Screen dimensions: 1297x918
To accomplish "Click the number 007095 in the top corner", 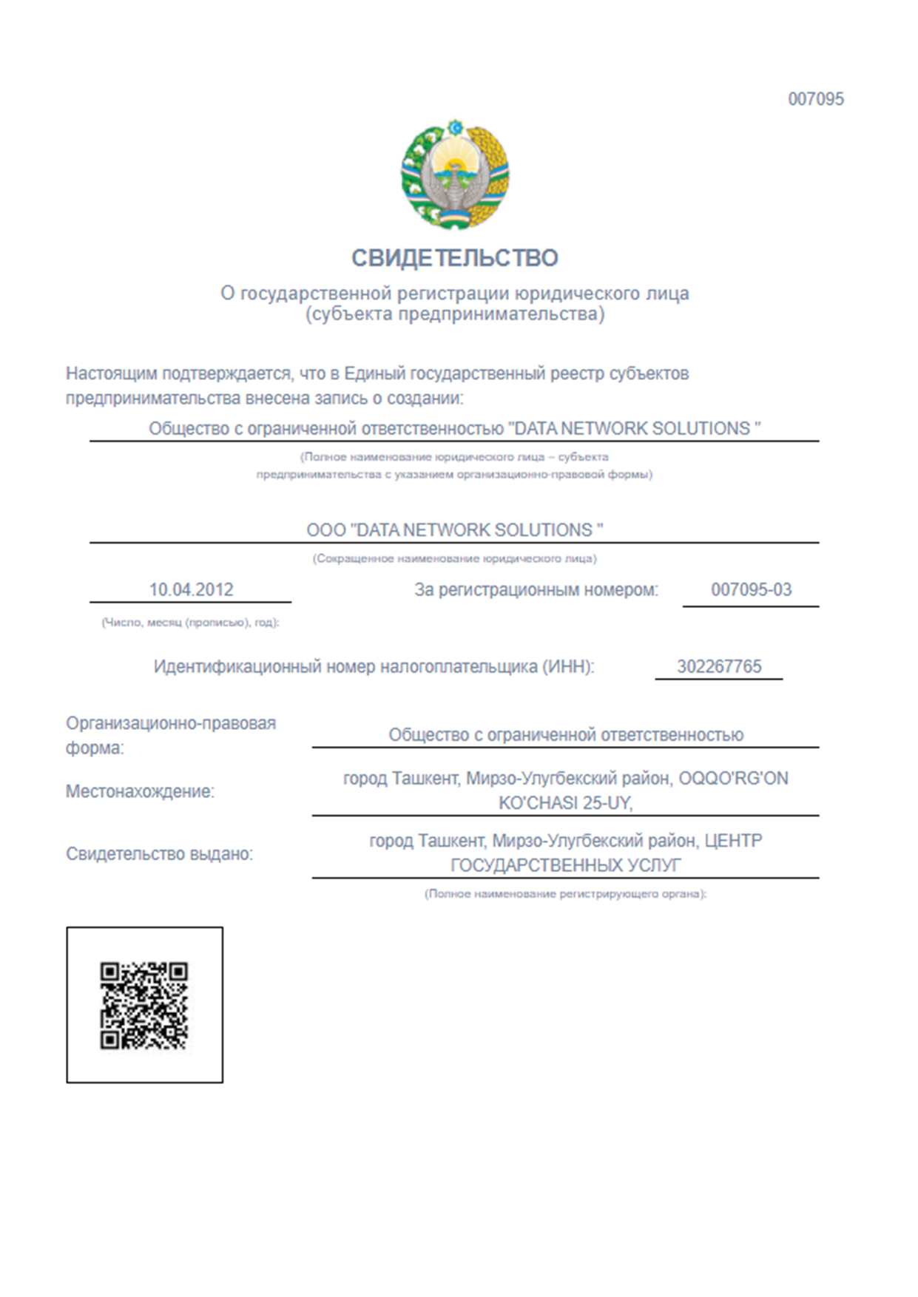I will click(x=815, y=99).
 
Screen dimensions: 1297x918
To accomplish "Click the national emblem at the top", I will click(x=455, y=175).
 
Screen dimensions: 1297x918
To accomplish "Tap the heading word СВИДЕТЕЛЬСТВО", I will click(x=454, y=258).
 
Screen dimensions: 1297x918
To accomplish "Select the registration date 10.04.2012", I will click(x=191, y=590).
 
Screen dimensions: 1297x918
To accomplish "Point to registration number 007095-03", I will click(x=751, y=590).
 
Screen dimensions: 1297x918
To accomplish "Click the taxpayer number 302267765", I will click(x=719, y=666).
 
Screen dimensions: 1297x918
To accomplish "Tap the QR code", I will click(x=144, y=1005).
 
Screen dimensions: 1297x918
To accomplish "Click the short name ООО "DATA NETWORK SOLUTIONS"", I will click(x=454, y=530).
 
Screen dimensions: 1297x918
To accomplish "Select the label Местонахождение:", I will click(x=140, y=791).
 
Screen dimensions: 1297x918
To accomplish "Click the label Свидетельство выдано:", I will click(x=159, y=854).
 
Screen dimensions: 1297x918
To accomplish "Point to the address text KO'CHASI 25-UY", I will click(x=565, y=803).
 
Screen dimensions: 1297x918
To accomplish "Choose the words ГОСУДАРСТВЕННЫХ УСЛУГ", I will click(x=565, y=865).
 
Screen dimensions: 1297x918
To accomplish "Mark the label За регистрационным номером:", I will click(x=536, y=590).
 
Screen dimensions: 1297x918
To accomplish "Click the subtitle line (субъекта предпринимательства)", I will click(x=454, y=314).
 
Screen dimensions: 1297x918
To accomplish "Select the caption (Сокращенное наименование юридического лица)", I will click(x=454, y=558).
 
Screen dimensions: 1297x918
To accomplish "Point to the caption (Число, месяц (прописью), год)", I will click(x=190, y=623).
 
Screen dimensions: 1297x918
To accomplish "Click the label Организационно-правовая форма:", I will click(x=170, y=735).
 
